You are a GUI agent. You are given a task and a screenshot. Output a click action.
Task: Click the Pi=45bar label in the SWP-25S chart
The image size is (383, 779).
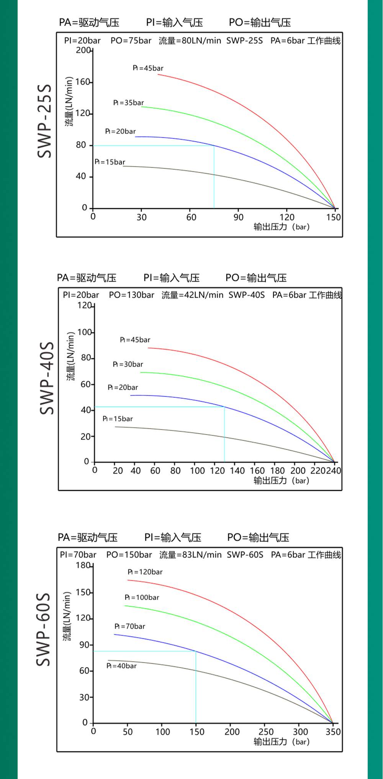(x=148, y=68)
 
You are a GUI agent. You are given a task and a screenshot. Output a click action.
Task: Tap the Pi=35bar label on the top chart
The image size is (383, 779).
(x=129, y=103)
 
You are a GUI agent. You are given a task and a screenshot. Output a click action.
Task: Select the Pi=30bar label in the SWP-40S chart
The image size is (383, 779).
(x=128, y=364)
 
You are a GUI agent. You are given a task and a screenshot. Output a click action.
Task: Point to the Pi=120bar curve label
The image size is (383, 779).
(x=145, y=572)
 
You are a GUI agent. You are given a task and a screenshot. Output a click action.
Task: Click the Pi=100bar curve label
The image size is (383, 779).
(x=142, y=597)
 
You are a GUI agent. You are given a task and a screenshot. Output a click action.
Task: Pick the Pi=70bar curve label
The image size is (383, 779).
(x=130, y=626)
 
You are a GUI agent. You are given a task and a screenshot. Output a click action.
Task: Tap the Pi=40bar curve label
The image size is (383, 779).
(x=121, y=666)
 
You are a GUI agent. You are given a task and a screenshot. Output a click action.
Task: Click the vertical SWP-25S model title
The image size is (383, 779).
(x=44, y=121)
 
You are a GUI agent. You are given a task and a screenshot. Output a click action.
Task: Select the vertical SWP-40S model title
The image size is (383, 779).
(x=47, y=378)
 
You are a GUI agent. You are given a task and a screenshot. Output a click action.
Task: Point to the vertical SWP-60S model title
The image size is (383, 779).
(x=43, y=630)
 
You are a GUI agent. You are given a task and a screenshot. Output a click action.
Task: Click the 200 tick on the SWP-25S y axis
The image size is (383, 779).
(x=83, y=50)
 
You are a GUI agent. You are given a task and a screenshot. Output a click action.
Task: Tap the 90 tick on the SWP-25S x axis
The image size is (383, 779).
(x=238, y=217)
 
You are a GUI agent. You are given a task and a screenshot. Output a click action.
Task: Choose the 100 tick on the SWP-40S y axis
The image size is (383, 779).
(x=85, y=332)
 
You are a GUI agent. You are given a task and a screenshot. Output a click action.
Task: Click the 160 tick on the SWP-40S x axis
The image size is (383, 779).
(x=257, y=471)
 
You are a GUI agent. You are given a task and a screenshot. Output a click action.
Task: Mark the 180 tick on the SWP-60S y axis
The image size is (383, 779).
(x=83, y=565)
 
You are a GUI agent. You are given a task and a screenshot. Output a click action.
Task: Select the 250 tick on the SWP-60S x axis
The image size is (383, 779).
(x=266, y=732)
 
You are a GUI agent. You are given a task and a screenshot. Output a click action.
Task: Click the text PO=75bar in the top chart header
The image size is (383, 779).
(x=131, y=41)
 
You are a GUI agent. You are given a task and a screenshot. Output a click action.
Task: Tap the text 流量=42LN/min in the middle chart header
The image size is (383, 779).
(x=192, y=295)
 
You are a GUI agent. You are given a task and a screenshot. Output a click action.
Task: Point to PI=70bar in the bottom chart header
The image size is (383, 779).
(x=78, y=555)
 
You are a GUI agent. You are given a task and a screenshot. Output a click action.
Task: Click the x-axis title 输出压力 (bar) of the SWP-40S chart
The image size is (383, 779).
(x=281, y=481)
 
